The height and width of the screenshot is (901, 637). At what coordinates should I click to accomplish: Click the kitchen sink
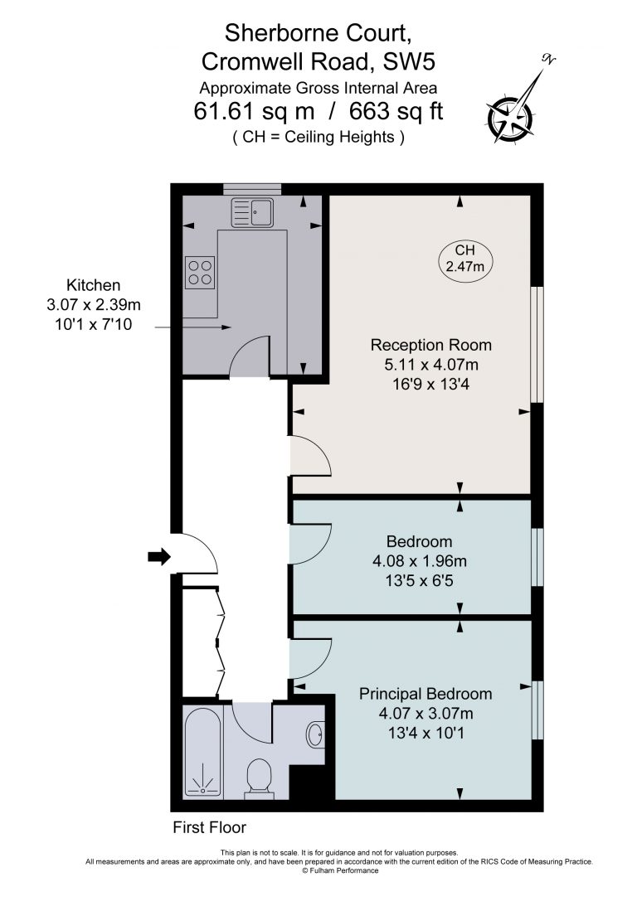pos(252,212)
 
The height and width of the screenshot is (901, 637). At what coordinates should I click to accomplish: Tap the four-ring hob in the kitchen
pos(200,273)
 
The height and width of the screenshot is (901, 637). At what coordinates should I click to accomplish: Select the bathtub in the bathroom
pos(203,752)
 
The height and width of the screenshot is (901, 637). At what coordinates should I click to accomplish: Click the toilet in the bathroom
pos(260,778)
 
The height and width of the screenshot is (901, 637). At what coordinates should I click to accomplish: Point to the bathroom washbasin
pos(316,734)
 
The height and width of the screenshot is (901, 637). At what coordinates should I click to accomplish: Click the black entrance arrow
pos(159,556)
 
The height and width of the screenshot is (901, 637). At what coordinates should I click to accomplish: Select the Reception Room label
pos(431,345)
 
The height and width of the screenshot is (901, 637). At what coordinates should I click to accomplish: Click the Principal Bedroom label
pos(425,694)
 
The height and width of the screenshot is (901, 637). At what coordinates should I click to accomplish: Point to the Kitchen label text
pos(94,285)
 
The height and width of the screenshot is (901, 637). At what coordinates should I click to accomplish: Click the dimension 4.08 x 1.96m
pos(420,561)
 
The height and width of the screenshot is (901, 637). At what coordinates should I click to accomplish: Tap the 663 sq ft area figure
pos(396,110)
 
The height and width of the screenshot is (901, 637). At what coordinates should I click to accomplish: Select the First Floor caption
pos(209,827)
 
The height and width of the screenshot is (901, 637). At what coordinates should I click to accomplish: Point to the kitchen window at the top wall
pos(252,189)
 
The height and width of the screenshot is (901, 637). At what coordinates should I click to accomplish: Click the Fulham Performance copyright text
pos(340,870)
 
